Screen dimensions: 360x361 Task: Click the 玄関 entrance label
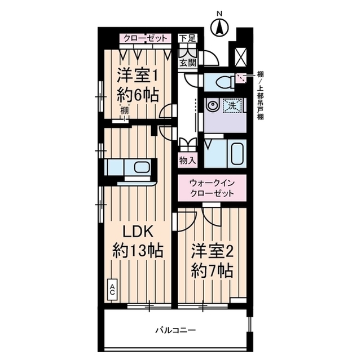188,63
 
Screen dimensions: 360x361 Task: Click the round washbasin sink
213,104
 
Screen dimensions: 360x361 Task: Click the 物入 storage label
188,161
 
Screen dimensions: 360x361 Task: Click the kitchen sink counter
129,168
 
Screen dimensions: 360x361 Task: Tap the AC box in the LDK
112,291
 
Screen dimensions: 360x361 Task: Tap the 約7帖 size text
212,271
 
